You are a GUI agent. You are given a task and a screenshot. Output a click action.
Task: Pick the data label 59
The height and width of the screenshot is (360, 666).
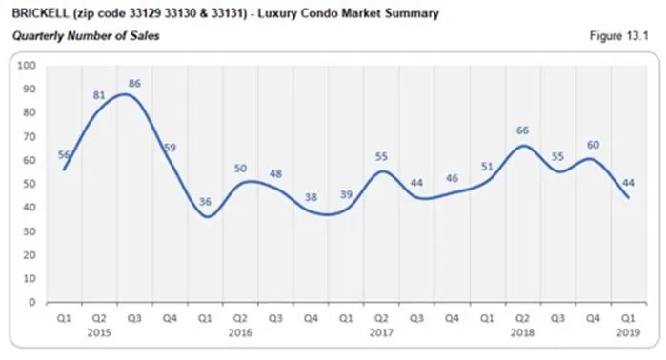point(171,148)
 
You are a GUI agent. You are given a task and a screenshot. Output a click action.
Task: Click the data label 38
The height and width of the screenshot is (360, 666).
point(312,197)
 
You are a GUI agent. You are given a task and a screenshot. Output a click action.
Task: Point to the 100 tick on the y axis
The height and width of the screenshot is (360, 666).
point(27,66)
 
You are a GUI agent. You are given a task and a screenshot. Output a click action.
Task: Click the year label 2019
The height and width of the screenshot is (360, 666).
point(628,332)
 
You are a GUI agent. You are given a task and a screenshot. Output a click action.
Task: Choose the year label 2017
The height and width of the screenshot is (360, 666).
point(382,332)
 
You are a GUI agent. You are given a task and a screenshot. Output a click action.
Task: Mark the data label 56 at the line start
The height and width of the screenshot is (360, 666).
point(64,154)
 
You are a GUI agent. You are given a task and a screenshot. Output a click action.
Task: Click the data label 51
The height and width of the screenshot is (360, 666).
point(488,166)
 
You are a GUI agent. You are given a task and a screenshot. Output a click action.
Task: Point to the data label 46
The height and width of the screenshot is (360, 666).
point(453,178)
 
